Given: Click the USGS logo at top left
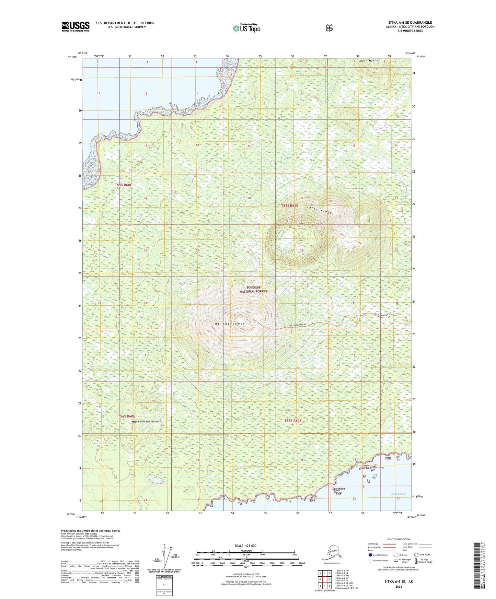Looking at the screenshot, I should (x=75, y=26).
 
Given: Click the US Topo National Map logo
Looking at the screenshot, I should (x=246, y=28).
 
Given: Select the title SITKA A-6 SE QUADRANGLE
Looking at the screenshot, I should (x=410, y=23).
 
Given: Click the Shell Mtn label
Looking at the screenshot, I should (x=368, y=61).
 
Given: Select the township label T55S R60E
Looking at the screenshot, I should (x=123, y=185).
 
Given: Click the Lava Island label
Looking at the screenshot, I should (x=338, y=489).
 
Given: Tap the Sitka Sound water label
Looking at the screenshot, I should (x=398, y=494).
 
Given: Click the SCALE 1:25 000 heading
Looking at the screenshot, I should (x=245, y=545).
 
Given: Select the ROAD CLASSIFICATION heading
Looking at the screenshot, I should (x=398, y=539).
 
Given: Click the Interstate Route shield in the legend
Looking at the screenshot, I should (x=370, y=554).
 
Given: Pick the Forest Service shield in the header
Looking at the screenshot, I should (x=329, y=28).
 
